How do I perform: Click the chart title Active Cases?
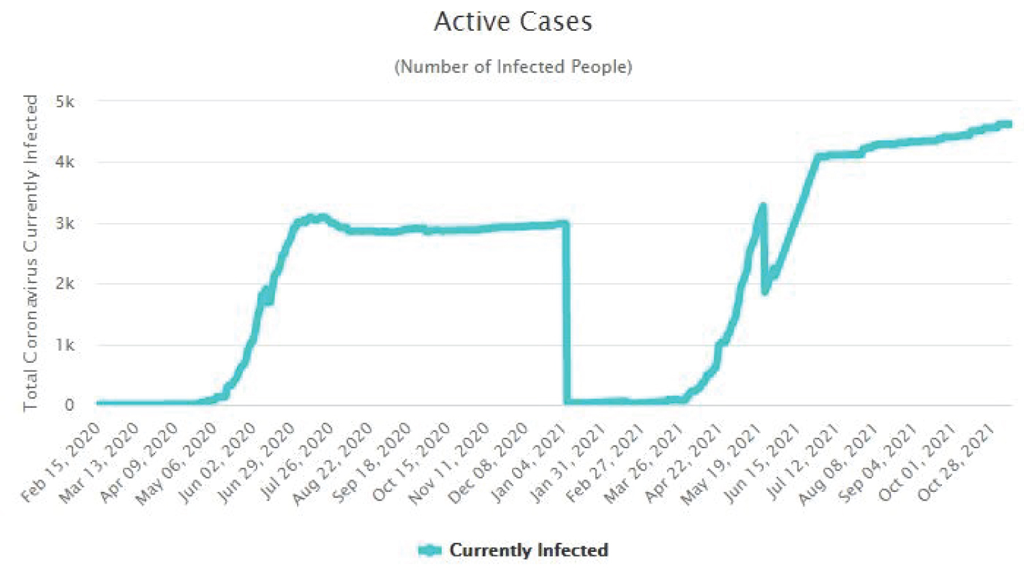(x=513, y=22)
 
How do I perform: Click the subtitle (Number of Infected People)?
(x=513, y=67)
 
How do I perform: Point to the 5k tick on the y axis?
(x=65, y=102)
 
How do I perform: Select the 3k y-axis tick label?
(x=65, y=223)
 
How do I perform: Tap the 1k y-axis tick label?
(x=65, y=345)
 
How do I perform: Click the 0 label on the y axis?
(x=69, y=405)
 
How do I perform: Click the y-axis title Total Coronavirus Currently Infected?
(x=31, y=252)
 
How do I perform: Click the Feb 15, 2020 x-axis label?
(x=61, y=462)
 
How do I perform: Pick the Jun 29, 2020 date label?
(x=257, y=462)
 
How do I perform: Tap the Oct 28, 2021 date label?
(x=958, y=462)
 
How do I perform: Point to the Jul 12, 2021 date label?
(x=803, y=462)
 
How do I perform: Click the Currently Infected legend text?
(x=528, y=551)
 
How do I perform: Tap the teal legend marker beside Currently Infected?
(x=429, y=551)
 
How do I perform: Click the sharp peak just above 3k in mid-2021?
(x=763, y=205)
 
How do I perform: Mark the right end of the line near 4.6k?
(x=1008, y=124)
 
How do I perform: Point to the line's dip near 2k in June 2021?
(x=766, y=291)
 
